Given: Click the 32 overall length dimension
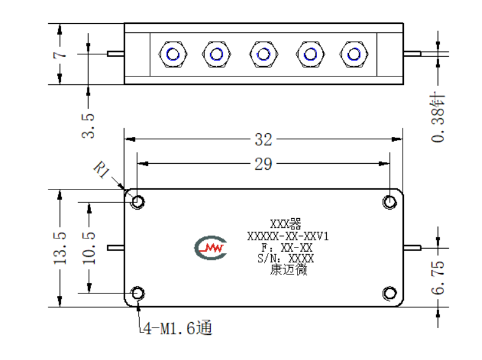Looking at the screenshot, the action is point(263,139).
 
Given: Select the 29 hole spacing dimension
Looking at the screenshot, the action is point(263,164).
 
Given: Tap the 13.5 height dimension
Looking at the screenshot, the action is point(60,248).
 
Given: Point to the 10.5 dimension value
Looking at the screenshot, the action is point(89,248).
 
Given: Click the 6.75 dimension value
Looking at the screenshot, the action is point(438,277).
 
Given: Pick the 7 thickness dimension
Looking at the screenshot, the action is point(60,55).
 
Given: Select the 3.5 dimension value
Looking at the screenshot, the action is point(88,126).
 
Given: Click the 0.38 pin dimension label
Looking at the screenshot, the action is point(438,117).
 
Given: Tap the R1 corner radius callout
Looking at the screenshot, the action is point(101,169).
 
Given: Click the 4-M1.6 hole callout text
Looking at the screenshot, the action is point(178,328).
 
